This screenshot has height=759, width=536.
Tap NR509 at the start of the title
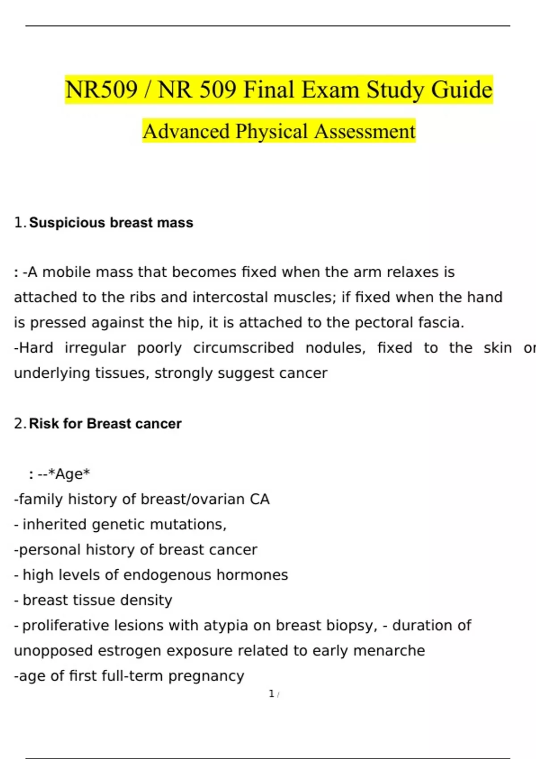101,90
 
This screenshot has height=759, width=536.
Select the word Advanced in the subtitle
186,131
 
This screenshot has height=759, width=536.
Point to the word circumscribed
243,348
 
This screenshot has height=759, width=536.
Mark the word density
147,600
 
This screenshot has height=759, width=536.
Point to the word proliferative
66,626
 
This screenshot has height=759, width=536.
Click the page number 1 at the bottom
272,694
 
